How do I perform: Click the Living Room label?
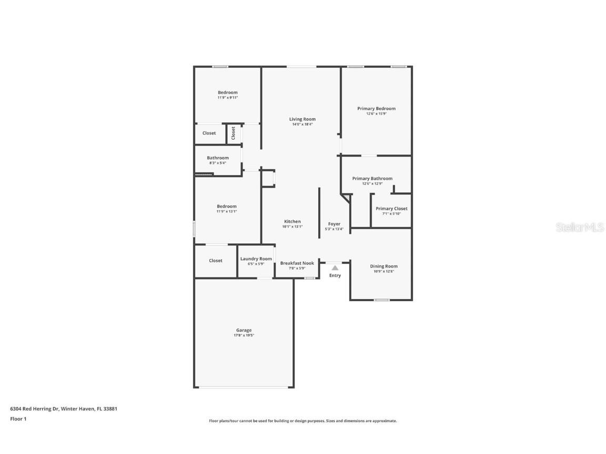(302, 119)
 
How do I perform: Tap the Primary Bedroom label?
(376, 109)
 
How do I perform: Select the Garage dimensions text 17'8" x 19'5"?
(244, 335)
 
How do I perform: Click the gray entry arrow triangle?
(335, 267)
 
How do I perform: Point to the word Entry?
(335, 275)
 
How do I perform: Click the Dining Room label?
(383, 266)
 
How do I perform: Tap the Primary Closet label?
(391, 209)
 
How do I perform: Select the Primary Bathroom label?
(372, 179)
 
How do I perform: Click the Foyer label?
(335, 224)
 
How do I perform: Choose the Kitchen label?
(292, 222)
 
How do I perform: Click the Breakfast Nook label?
(297, 263)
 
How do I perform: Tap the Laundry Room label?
(256, 259)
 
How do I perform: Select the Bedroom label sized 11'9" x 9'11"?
(228, 92)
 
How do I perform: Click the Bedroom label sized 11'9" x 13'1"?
(227, 207)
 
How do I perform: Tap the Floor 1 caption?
(18, 419)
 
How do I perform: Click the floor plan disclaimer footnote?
(303, 421)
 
